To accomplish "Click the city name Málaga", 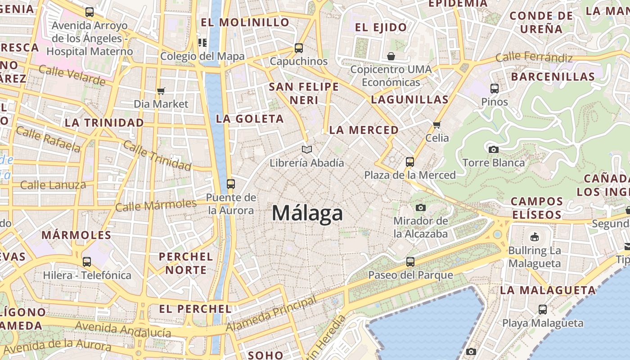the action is [307, 213].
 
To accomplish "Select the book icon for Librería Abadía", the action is [307, 149].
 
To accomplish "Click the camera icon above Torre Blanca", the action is [493, 149].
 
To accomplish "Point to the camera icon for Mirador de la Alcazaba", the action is [421, 207].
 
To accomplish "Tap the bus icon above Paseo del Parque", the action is [410, 261].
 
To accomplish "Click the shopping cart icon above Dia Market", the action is [161, 91].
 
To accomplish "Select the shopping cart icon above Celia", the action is [436, 125].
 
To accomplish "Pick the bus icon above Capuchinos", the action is [298, 48].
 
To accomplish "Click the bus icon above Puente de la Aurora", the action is [231, 184].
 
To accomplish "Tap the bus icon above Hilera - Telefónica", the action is [87, 262].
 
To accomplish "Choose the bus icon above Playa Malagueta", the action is [543, 310].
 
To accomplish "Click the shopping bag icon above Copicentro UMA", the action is [391, 56].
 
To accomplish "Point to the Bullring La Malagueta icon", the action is [535, 237].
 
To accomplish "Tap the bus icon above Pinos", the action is [495, 89].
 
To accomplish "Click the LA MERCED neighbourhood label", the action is [364, 130].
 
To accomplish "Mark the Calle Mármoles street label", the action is [156, 205].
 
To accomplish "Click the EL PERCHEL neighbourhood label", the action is [195, 309].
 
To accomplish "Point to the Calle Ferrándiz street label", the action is [534, 58].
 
